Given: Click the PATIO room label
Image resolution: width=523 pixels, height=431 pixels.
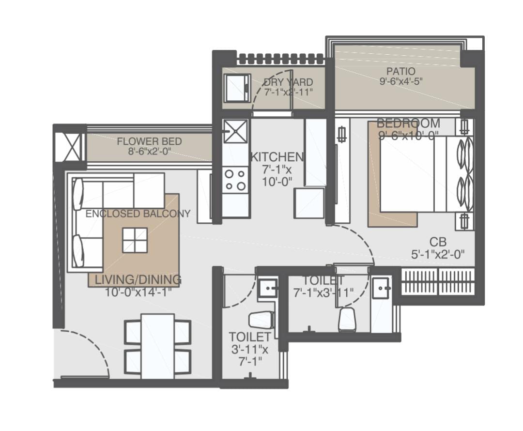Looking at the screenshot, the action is tap(401, 71).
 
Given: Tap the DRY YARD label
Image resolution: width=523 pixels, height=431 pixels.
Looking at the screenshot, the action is tap(288, 82).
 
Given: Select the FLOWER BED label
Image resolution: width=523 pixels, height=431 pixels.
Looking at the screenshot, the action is tap(149, 141).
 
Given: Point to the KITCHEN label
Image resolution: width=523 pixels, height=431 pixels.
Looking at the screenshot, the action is tap(277, 157).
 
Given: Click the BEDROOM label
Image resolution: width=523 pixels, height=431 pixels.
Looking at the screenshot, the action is tap(408, 123).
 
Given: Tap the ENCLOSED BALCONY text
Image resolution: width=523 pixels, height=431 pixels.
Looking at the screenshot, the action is tap(138, 214).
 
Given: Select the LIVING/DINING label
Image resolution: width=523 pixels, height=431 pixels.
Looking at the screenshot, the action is tap(138, 279).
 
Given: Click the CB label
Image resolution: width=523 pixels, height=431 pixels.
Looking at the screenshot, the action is tap(438, 242).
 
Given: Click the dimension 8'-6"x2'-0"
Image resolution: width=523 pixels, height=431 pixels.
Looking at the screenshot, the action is tap(149, 151).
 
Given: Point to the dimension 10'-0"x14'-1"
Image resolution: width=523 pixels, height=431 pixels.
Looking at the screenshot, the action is tap(138, 292).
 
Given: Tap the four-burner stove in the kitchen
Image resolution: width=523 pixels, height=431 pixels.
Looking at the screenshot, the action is tap(235, 181).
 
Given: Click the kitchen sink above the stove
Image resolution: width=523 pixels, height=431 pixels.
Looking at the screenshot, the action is tap(235, 131).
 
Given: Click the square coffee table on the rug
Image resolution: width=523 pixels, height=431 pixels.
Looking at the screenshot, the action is tap(135, 241).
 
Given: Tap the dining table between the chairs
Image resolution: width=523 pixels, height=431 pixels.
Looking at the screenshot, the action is tap(157, 346).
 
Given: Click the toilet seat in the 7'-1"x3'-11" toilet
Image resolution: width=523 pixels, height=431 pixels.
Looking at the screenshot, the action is tap(347, 319).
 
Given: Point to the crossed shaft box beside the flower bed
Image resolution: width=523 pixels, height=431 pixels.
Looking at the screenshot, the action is tap(68, 147).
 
